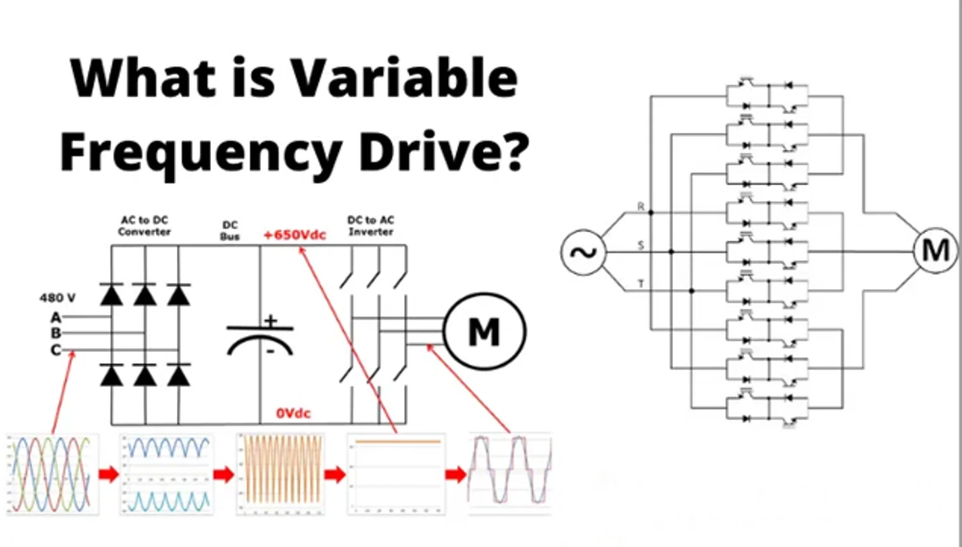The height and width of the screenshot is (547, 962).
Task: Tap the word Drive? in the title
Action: pos(444,152)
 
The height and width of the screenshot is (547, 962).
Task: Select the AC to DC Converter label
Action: pos(144,226)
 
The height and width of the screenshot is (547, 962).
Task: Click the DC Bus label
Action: pos(230,230)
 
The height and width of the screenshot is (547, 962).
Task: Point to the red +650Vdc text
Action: pos(295,235)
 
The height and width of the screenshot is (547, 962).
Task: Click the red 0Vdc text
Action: pos(293,413)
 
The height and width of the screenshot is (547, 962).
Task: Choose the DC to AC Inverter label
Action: pos(371,226)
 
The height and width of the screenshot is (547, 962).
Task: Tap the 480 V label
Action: pos(58,298)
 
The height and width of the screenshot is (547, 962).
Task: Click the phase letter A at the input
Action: pos(56,317)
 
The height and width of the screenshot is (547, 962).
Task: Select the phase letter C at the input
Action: pos(56,350)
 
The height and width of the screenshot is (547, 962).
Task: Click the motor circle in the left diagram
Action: pos(485,332)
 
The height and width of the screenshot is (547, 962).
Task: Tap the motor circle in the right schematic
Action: pos(936,250)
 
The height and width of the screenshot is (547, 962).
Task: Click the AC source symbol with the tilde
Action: pos(583,253)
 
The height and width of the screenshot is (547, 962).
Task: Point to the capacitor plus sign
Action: pos(271,320)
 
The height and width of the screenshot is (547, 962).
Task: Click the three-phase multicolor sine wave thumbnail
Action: pos(52,474)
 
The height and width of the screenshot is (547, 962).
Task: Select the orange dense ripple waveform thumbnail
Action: pos(281,474)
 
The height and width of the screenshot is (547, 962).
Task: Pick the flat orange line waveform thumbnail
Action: pos(396,474)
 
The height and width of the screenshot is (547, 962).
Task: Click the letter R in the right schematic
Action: pos(641,206)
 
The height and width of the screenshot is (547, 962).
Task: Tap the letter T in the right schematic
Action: pos(641,283)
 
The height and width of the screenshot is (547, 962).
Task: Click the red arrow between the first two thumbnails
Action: pos(109,474)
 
